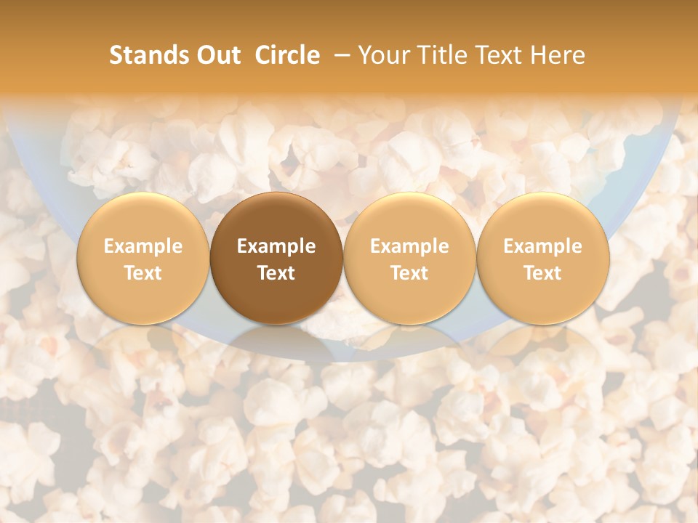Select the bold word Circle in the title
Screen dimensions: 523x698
click(287, 55)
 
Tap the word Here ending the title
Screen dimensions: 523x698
click(557, 55)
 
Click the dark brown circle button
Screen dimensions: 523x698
click(276, 259)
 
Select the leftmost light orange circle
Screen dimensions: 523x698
click(143, 259)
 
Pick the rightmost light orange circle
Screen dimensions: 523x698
click(542, 259)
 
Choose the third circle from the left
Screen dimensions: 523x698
click(409, 259)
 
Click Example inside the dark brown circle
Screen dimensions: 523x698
click(276, 246)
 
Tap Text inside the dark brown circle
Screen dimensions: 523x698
click(276, 273)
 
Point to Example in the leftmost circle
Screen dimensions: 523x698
click(143, 246)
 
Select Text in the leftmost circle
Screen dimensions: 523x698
click(143, 273)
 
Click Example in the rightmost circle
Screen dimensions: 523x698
click(542, 246)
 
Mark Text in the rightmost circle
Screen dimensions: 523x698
click(542, 273)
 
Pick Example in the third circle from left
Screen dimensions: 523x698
click(409, 246)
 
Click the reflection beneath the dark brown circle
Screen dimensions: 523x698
click(276, 341)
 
